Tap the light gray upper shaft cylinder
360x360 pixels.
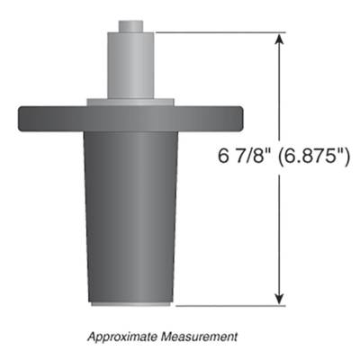tap(130, 63)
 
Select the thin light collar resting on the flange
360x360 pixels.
tap(130, 101)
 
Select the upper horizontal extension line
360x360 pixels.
tap(216, 33)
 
